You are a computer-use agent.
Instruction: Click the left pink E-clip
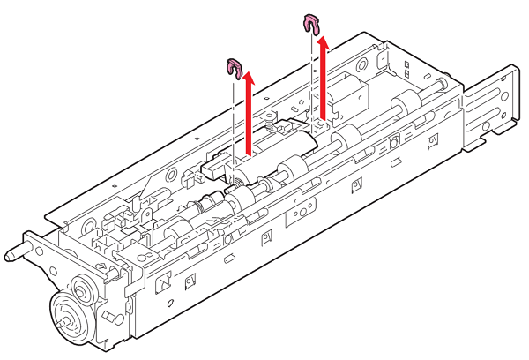[235, 66]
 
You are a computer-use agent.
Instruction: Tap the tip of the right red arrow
[324, 38]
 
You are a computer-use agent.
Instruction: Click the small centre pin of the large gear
[62, 324]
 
